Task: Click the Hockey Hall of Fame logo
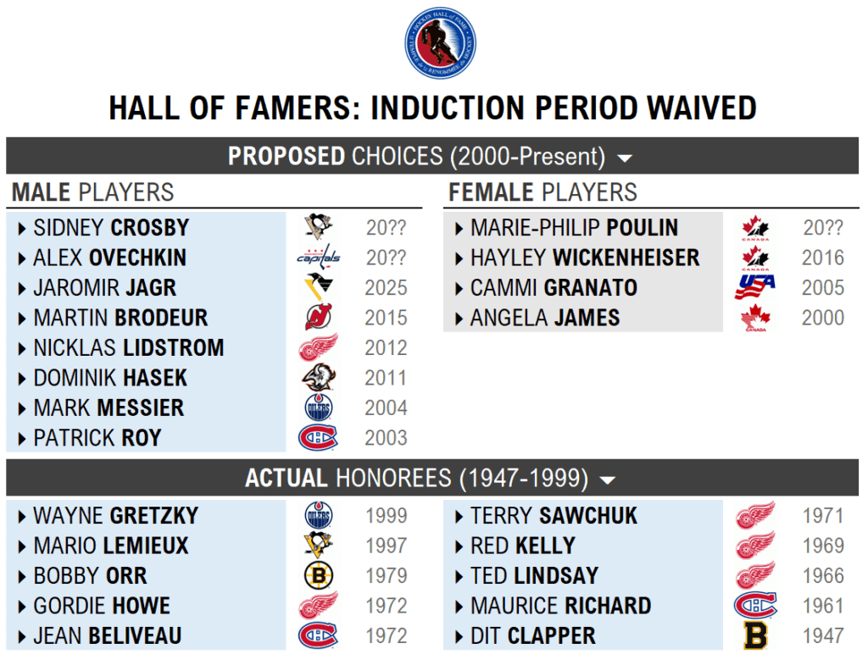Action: [x=440, y=43]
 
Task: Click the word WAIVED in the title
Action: [x=701, y=108]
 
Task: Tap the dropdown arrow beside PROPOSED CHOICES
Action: [x=625, y=158]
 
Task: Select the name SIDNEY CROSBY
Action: [x=111, y=228]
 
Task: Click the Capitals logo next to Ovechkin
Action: [x=319, y=258]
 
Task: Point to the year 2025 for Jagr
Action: [x=386, y=288]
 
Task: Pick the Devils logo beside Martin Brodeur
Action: [x=319, y=317]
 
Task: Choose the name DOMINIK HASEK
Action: [x=110, y=379]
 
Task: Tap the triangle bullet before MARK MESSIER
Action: [x=21, y=409]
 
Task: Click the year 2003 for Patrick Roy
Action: [x=386, y=438]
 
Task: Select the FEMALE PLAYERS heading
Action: [x=542, y=192]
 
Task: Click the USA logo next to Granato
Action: [x=754, y=287]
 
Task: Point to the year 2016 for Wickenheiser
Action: [x=823, y=258]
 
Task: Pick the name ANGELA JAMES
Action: [x=545, y=318]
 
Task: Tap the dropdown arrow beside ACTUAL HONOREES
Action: [x=607, y=480]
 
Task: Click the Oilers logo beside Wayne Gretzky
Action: [x=319, y=515]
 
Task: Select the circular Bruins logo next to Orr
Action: [x=319, y=575]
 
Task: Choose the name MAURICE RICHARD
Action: [x=561, y=607]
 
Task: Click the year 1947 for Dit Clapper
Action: [x=823, y=636]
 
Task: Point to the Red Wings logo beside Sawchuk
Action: [x=755, y=515]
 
